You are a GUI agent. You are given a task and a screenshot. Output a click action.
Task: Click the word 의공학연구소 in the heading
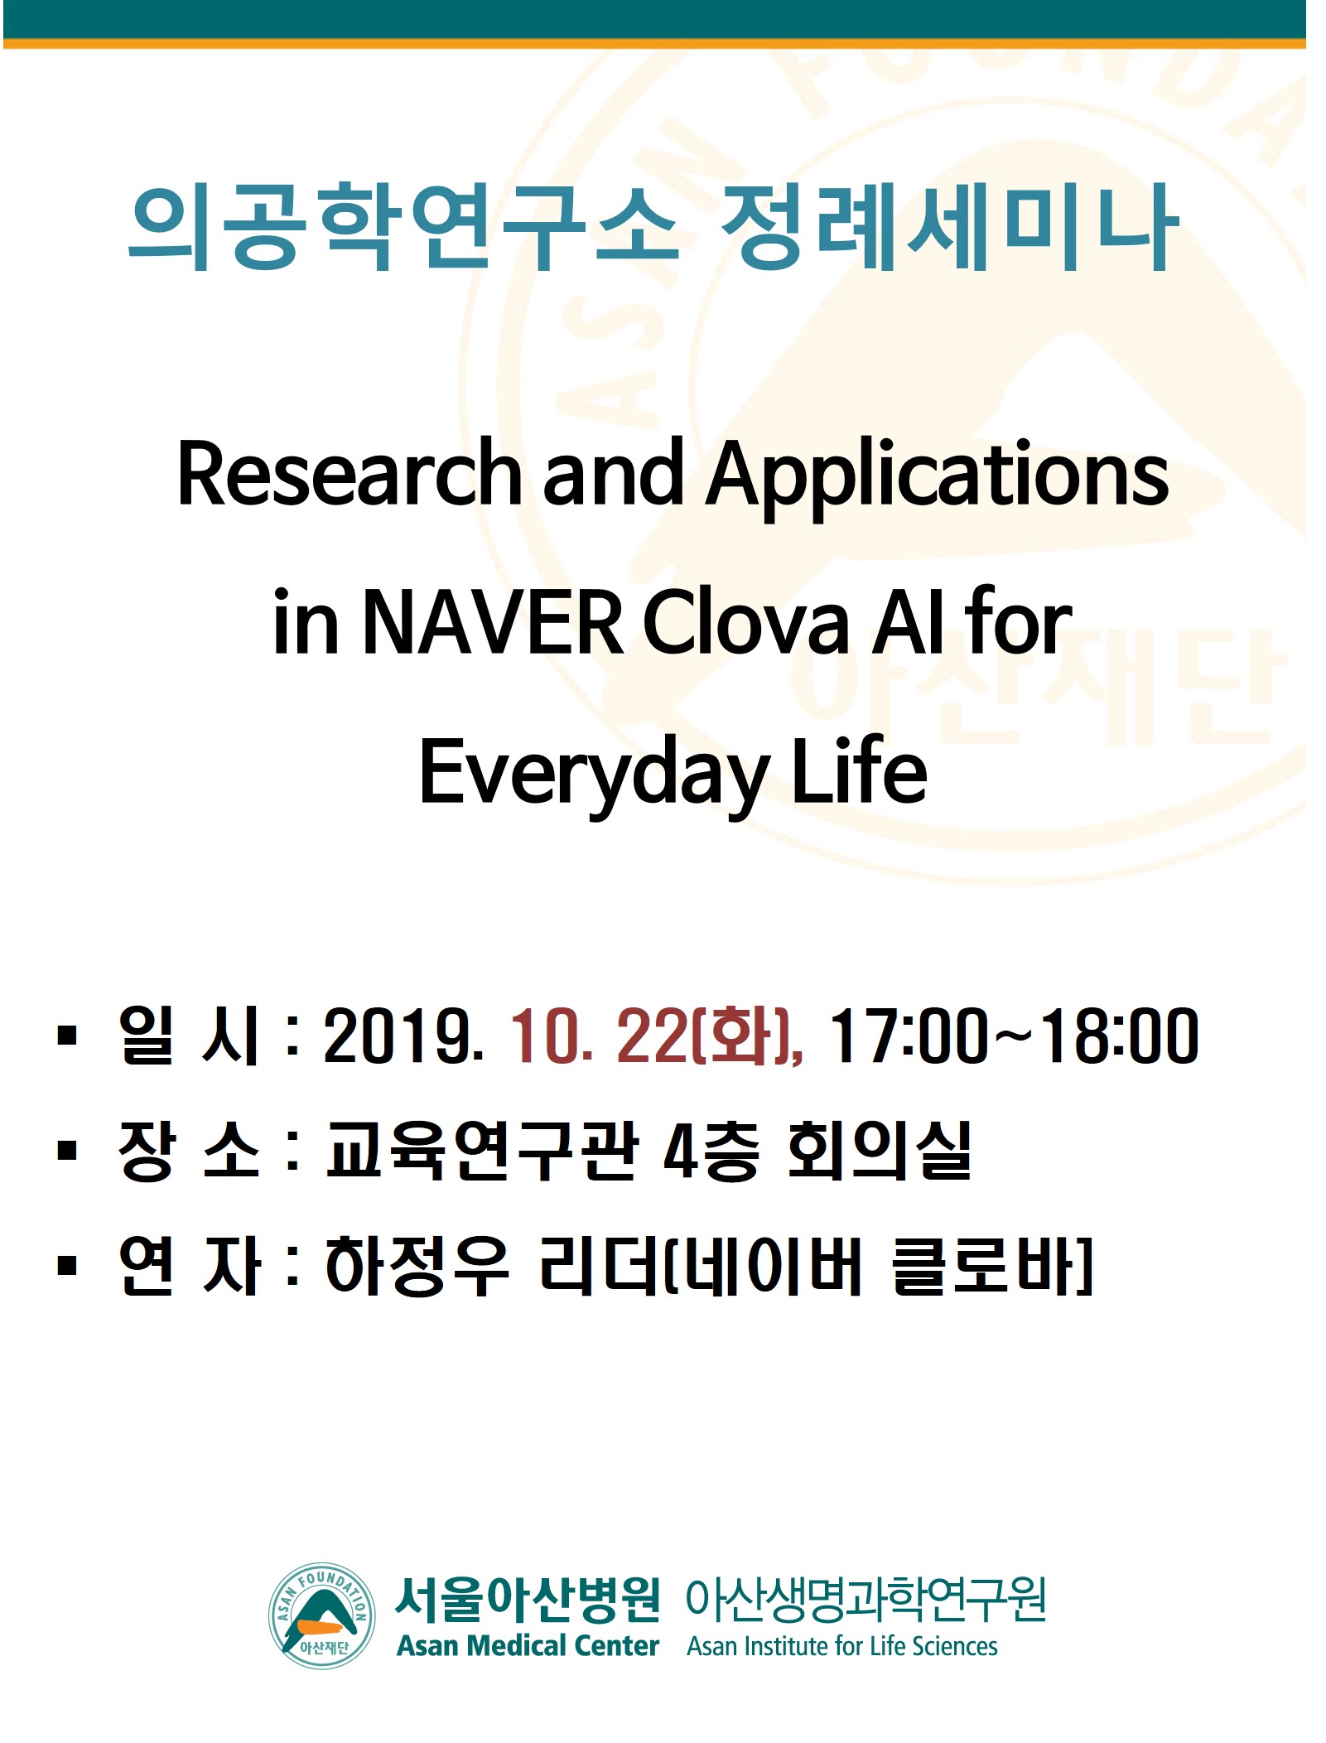tap(403, 226)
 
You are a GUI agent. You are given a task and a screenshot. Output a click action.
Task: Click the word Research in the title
tap(349, 473)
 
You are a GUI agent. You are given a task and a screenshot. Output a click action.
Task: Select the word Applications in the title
tap(937, 479)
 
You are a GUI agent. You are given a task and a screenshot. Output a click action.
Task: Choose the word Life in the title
tap(859, 770)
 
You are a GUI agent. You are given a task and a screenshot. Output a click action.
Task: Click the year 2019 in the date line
tap(403, 1036)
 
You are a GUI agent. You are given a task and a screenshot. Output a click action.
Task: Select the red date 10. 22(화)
tap(655, 1036)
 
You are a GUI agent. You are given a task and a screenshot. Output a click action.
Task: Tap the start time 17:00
tap(907, 1036)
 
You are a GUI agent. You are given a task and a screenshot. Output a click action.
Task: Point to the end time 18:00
tap(1120, 1036)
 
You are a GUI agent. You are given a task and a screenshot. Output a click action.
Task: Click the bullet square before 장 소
tap(67, 1151)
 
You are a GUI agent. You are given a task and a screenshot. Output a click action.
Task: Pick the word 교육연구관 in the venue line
tap(481, 1150)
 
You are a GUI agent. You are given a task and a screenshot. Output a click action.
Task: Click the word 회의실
tap(878, 1150)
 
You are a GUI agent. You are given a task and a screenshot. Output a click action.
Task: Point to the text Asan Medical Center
tap(528, 1645)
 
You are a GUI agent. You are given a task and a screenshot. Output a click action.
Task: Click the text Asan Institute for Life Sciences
tap(841, 1646)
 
